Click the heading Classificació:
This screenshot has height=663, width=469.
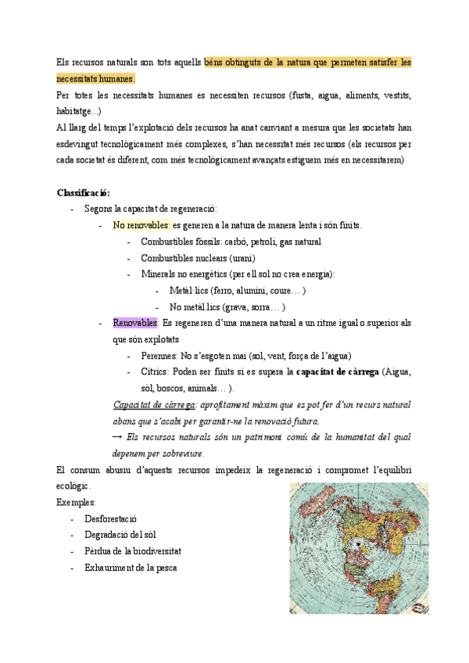[x=84, y=192]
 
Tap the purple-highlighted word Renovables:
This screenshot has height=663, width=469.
[x=136, y=323]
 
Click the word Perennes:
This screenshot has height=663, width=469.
[x=160, y=356]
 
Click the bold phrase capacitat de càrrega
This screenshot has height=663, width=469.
[x=337, y=372]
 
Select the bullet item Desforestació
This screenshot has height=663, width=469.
[x=110, y=518]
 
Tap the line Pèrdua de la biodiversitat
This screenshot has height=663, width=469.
[x=133, y=551]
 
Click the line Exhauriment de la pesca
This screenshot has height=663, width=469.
[x=131, y=568]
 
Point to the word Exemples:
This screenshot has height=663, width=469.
[x=76, y=502]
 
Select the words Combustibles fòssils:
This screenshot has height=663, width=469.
[x=176, y=242]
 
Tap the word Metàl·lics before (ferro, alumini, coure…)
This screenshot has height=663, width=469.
[x=192, y=291]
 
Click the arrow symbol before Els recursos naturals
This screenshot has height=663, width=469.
[x=118, y=437]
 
